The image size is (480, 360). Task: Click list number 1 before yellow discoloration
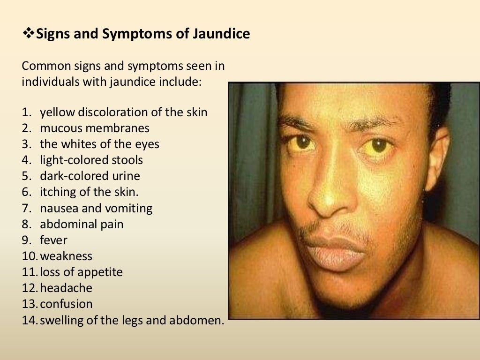[x=27, y=112]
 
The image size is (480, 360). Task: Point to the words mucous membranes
[x=95, y=128]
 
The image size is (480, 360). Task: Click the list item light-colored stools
[x=91, y=160]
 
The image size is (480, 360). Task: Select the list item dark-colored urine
[x=90, y=176]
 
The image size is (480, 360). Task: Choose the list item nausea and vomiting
[x=96, y=208]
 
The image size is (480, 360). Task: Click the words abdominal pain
[x=82, y=224]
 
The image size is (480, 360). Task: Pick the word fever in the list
[x=53, y=240]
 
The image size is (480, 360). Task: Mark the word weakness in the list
[x=66, y=256]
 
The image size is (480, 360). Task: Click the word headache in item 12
[x=66, y=288]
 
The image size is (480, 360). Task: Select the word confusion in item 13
[x=67, y=304]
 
